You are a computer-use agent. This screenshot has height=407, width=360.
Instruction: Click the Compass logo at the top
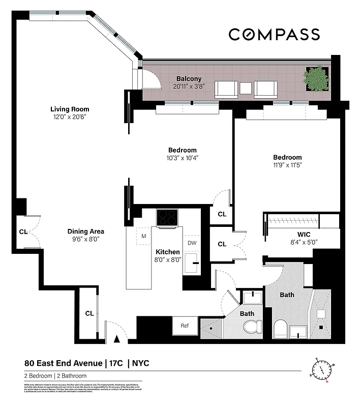pos(274,35)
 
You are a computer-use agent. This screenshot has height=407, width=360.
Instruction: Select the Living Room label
pos(70,109)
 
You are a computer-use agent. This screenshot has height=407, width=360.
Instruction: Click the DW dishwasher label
pos(192,243)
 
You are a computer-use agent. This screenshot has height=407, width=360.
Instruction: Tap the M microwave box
pos(144,236)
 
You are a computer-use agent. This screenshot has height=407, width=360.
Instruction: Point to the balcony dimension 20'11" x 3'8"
pos(189,87)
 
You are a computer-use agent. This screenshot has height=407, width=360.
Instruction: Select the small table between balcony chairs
pos(246,88)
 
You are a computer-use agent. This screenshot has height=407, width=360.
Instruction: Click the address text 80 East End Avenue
pos(63,363)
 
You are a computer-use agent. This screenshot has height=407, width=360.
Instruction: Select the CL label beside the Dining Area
pos(23,231)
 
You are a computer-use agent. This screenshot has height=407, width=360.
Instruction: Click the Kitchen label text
pos(167,252)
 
